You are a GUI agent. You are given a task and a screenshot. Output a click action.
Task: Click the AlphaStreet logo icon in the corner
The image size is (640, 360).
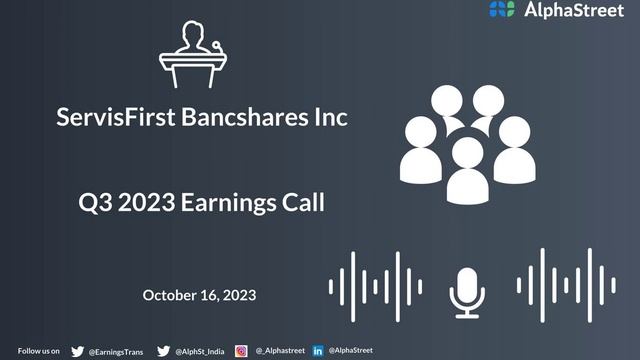pos(502,10)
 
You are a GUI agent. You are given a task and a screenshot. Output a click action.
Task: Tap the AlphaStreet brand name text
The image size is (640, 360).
pos(574,10)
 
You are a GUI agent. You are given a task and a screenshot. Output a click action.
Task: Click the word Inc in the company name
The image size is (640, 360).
pos(332,118)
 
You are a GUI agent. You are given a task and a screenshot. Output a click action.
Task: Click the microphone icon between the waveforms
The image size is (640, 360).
pos(467,289)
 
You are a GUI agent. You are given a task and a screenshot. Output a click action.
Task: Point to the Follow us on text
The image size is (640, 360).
pos(39,351)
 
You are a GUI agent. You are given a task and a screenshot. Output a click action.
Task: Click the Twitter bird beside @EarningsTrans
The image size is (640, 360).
pos(78,351)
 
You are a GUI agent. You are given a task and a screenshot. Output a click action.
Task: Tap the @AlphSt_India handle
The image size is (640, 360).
pos(200,351)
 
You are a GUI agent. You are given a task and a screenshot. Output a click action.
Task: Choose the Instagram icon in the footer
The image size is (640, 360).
pos(241,351)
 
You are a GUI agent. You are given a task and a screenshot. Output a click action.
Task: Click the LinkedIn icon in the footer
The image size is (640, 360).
pos(318,351)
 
